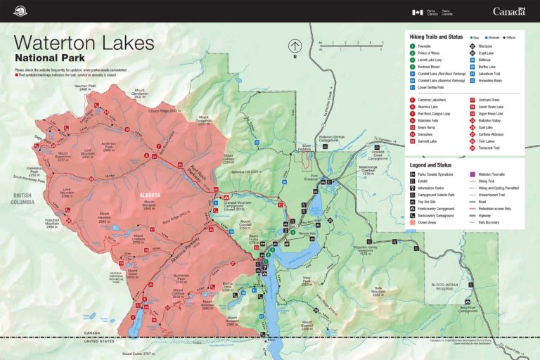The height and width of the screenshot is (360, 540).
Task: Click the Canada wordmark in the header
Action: click(508, 11)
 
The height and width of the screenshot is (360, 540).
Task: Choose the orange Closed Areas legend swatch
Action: click(412, 221)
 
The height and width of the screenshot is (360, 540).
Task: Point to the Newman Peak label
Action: click(84, 88)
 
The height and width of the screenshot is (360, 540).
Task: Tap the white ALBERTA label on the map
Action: click(149, 194)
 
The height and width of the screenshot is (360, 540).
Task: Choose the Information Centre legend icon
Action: click(412, 188)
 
